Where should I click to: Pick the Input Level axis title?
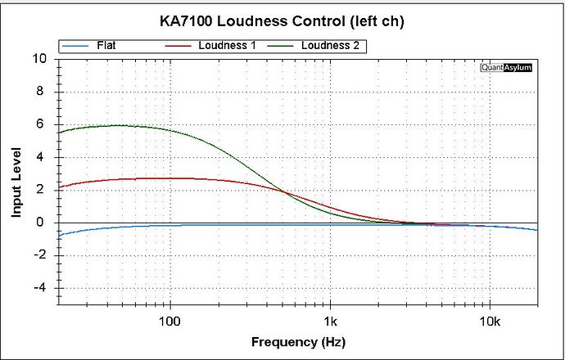(16, 182)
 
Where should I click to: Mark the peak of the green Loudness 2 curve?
(119, 125)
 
